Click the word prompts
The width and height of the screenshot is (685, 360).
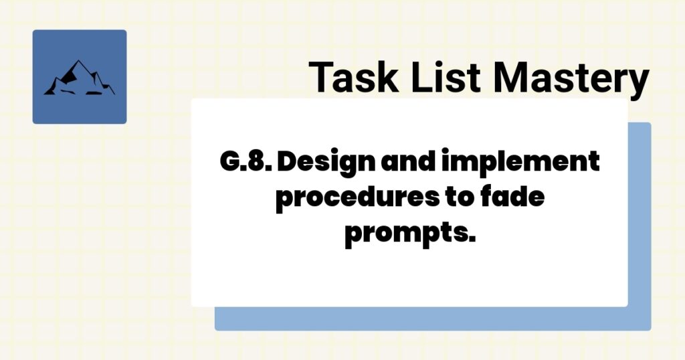[x=409, y=236]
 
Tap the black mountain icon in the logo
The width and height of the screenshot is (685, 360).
[x=79, y=78]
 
